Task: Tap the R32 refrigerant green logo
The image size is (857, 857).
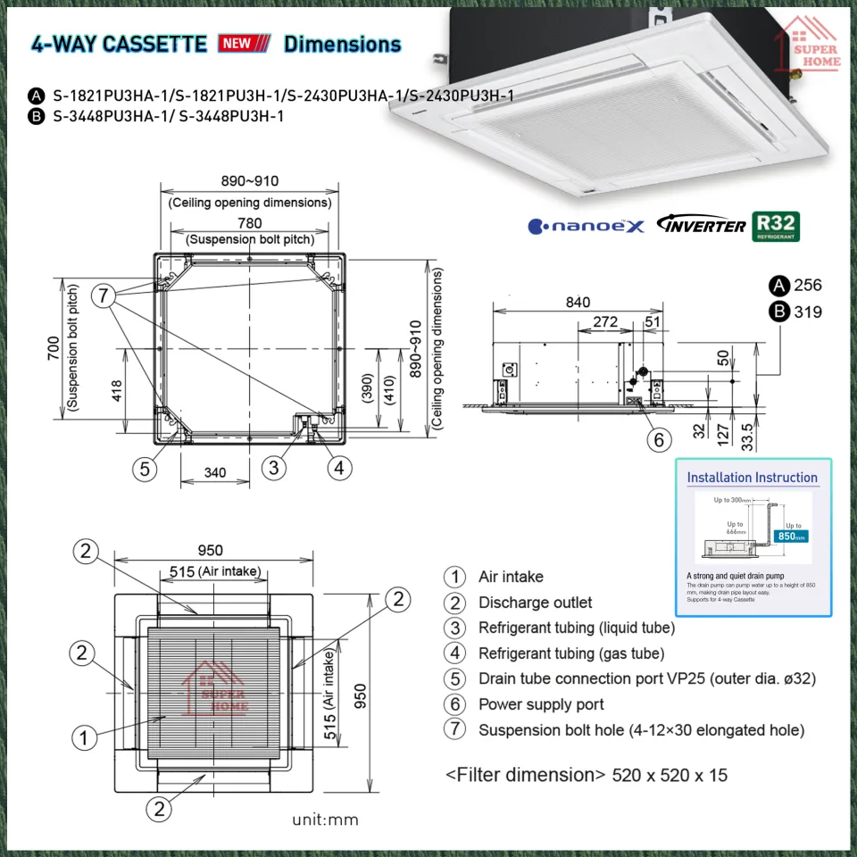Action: pos(776,227)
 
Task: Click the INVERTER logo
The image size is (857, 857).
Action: pos(701,226)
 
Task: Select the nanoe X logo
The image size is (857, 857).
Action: pos(586,227)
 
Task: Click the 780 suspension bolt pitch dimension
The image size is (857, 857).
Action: pos(249,223)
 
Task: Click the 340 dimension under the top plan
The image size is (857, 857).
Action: pos(214,472)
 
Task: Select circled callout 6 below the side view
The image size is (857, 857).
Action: pos(658,439)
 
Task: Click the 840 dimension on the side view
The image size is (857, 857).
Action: pos(577,303)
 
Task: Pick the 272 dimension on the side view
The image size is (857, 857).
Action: pos(604,321)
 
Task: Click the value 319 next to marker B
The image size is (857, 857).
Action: pos(808,312)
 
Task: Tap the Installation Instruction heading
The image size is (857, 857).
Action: pos(752,478)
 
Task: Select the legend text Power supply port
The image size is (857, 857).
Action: pos(541,704)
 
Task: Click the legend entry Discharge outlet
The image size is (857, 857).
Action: pos(535,603)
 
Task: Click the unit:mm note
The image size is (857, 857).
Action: pos(325,820)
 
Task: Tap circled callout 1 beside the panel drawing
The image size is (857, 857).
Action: pos(84,737)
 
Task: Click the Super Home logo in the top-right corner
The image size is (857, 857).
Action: pos(810,45)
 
